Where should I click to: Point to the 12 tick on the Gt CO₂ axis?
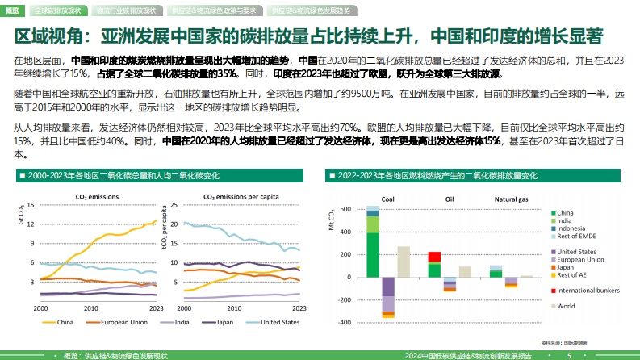click(31, 203)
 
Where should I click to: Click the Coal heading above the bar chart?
click(387, 199)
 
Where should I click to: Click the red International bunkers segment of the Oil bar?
click(434, 256)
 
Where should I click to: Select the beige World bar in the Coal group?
click(404, 262)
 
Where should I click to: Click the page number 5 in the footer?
click(570, 355)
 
